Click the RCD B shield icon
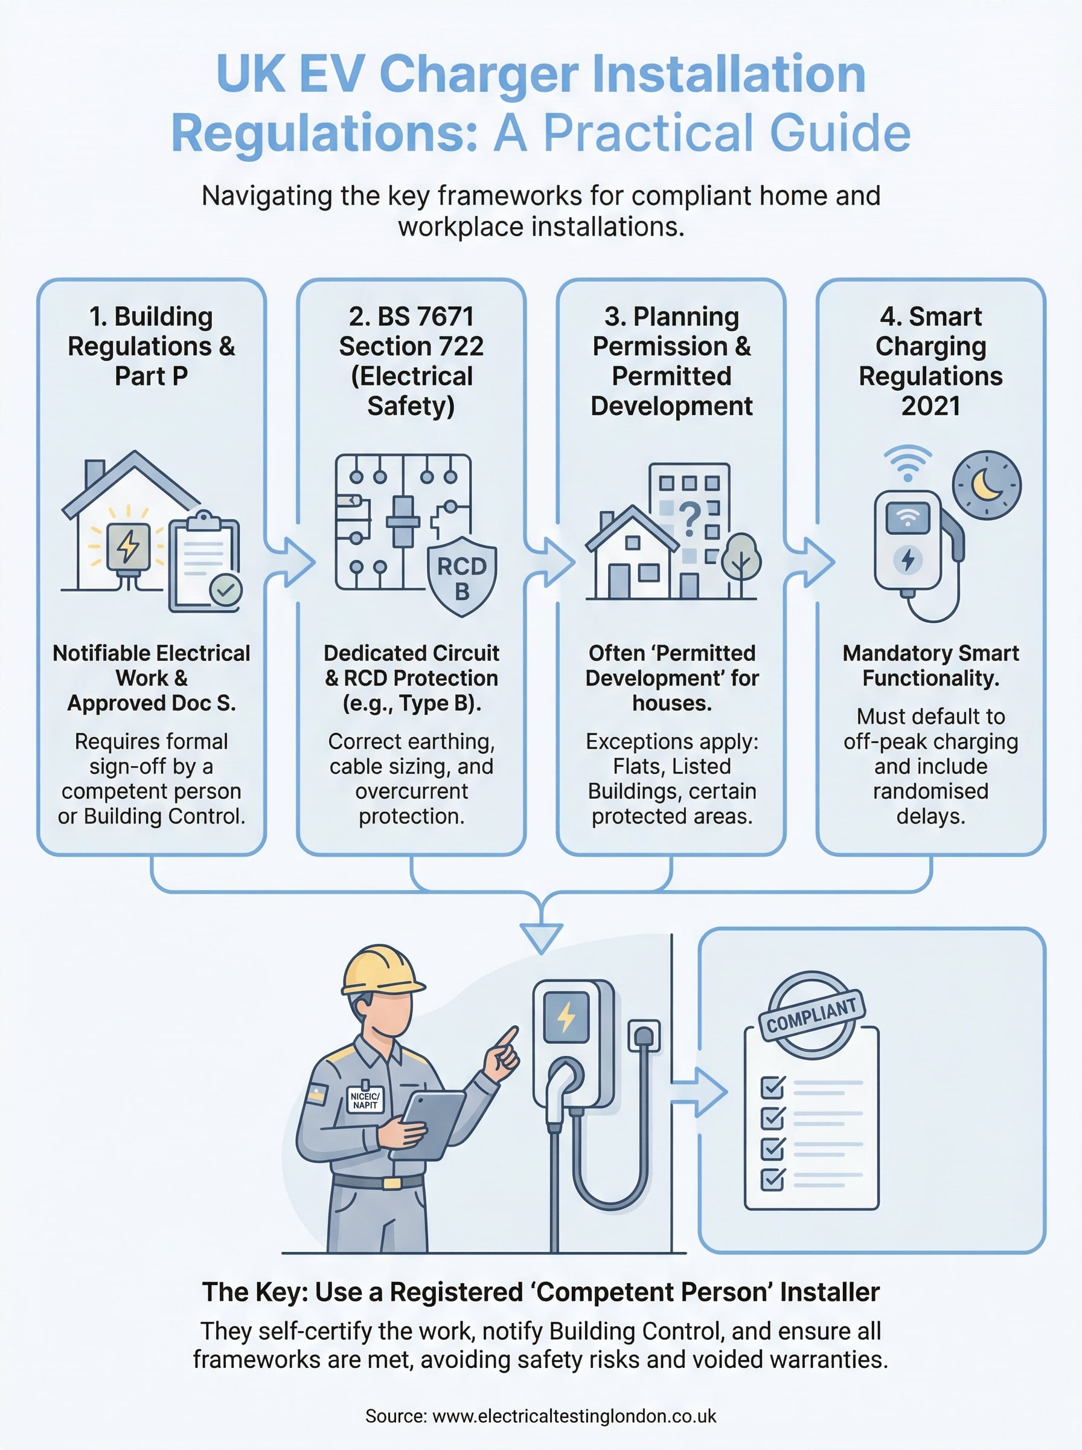[x=462, y=576]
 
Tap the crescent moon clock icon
[x=987, y=485]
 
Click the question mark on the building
[x=689, y=518]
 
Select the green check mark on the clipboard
[x=226, y=590]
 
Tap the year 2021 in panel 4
[x=930, y=406]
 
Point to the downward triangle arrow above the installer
[x=541, y=937]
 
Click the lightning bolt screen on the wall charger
[x=566, y=1017]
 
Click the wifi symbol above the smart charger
[x=907, y=463]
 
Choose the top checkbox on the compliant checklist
[x=773, y=1087]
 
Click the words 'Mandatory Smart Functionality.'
[x=930, y=665]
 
